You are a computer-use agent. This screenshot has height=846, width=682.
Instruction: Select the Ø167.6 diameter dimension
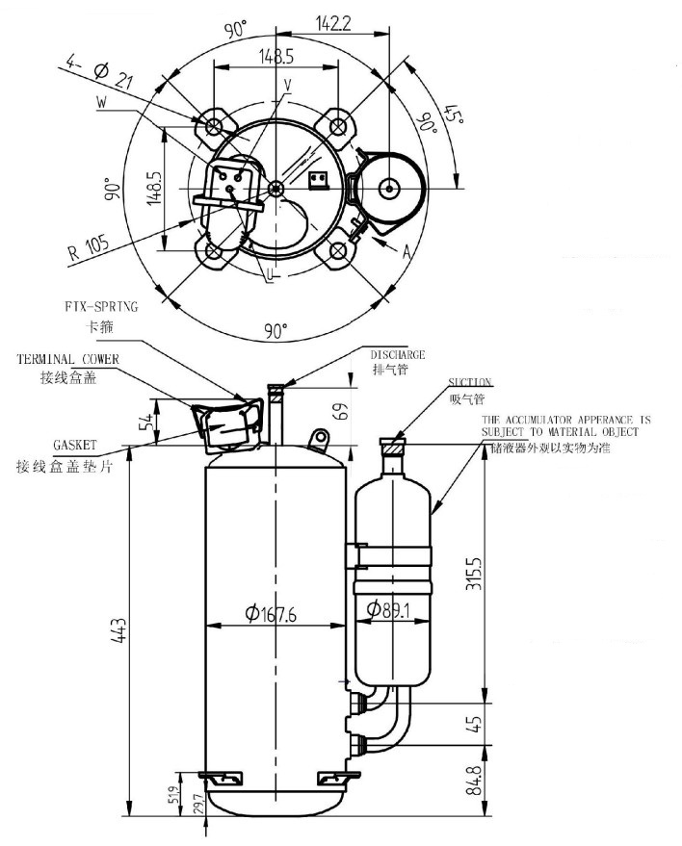(273, 612)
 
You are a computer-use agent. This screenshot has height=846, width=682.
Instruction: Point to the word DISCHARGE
(398, 355)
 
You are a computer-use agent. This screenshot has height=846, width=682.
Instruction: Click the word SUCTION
(470, 382)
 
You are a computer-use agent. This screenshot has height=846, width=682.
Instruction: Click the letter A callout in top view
(407, 252)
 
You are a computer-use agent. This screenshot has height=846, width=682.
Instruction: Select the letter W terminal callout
(102, 101)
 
